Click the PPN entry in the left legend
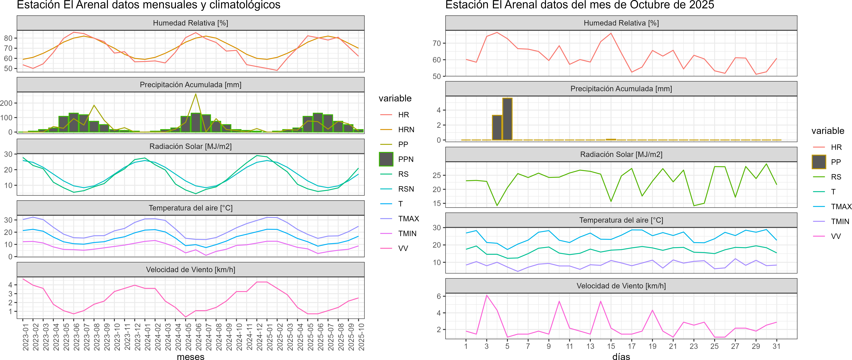[405, 159]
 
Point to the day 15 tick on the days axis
[611, 346]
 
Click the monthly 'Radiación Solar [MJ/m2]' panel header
[190, 146]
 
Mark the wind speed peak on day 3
[487, 295]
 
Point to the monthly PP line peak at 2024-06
[196, 94]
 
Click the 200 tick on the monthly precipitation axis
[7, 103]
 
